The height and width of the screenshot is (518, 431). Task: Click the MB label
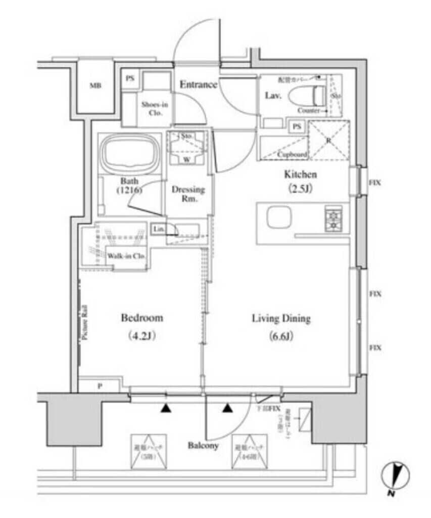point(95,85)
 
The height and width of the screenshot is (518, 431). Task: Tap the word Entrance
point(199,84)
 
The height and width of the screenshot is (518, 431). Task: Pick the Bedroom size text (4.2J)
point(134,336)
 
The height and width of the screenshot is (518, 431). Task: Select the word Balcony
point(203,445)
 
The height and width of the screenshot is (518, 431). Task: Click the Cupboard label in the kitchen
point(292,154)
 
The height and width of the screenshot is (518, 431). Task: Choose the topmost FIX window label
point(374,183)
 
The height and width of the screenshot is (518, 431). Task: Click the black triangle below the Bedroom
point(165,408)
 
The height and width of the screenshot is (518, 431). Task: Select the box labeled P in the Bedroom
point(99,386)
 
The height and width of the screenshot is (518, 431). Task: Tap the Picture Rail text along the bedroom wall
point(85,324)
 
